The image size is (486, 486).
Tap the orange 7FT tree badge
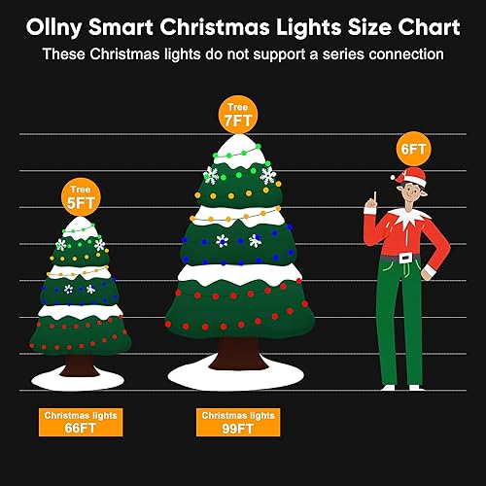tap(237, 116)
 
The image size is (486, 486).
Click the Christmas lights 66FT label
tap(81, 421)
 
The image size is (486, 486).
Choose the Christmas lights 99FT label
tap(237, 421)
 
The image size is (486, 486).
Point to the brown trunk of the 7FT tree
tap(236, 345)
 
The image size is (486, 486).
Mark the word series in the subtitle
tap(321, 53)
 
